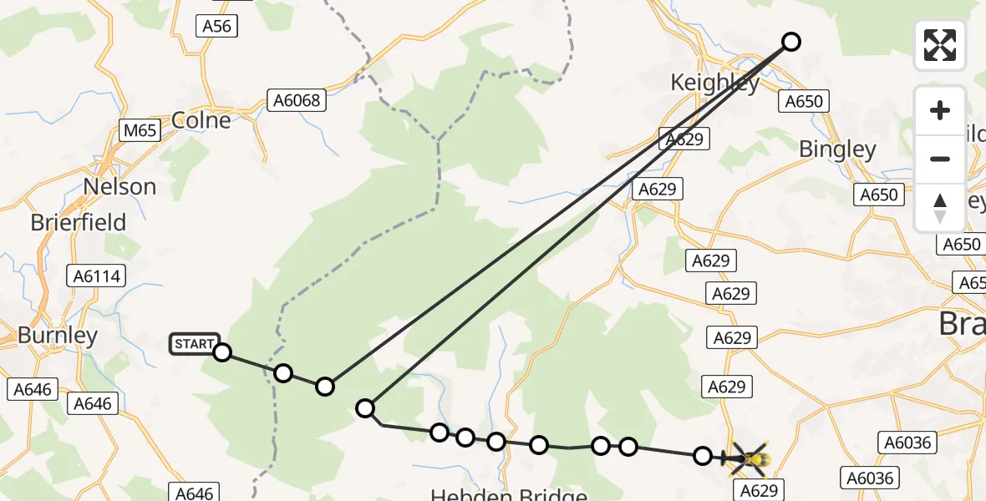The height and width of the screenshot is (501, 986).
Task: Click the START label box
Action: click(195, 343)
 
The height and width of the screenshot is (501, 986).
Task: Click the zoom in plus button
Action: click(940, 110)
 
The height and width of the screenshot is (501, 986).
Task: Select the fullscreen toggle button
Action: click(940, 45)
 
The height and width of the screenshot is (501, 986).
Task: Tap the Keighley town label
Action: click(715, 83)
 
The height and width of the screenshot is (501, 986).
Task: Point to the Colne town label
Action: click(201, 120)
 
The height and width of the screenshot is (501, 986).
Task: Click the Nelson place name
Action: click(119, 186)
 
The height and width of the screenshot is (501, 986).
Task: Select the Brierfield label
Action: click(79, 223)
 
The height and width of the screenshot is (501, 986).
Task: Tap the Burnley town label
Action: click(58, 336)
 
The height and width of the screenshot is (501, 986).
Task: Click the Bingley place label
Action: click(837, 149)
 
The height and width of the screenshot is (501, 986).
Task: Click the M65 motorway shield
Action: click(138, 130)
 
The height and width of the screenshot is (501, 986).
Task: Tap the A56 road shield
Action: click(216, 26)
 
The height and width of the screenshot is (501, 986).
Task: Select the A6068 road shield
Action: click(297, 100)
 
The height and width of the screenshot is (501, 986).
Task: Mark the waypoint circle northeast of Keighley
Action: click(790, 41)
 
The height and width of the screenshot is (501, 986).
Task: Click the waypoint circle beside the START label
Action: click(221, 352)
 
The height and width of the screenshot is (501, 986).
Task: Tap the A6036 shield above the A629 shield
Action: click(907, 443)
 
